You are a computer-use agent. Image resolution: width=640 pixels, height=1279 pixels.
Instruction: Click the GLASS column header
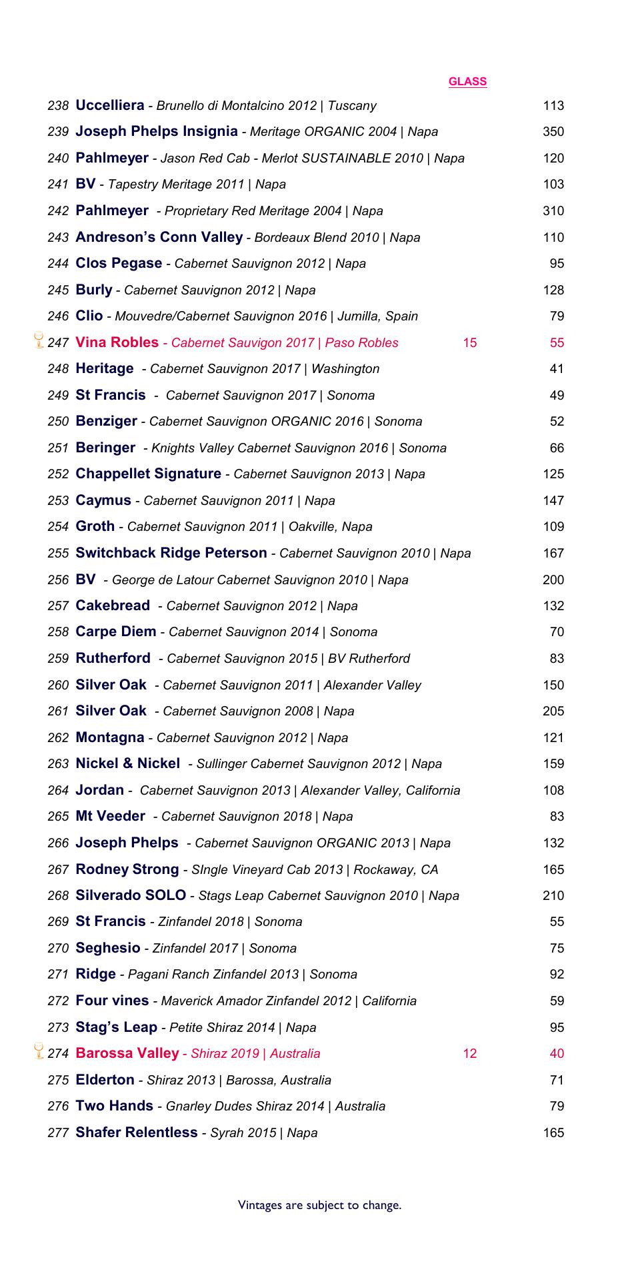(x=467, y=81)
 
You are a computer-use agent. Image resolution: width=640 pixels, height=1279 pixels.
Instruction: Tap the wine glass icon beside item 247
(x=39, y=340)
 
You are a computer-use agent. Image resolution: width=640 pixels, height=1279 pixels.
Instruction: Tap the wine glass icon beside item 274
(x=39, y=1051)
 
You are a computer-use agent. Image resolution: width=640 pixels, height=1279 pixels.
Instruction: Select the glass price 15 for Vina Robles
(x=469, y=342)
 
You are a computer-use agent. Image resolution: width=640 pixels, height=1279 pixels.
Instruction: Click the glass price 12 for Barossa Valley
(x=469, y=1053)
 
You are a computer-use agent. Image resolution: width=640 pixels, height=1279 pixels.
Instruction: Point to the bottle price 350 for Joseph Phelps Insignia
(x=553, y=132)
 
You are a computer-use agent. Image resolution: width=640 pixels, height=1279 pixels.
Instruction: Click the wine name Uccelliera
(x=110, y=105)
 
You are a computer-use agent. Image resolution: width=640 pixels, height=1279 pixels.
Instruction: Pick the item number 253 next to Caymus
(x=59, y=501)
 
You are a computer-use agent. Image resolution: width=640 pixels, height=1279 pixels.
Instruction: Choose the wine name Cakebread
(x=113, y=606)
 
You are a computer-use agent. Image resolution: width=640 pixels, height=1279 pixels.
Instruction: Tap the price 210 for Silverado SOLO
(x=553, y=896)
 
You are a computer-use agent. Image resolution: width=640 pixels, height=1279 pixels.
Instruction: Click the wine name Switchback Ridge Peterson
(x=171, y=553)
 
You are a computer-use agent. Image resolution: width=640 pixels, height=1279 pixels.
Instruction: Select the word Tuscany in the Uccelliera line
(x=352, y=106)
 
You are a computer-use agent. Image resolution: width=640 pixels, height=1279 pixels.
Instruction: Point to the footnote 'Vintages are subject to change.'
(x=320, y=1205)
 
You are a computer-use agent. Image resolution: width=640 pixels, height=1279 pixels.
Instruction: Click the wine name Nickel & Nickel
(x=128, y=763)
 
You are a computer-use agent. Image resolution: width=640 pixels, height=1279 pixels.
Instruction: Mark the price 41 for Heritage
(x=557, y=369)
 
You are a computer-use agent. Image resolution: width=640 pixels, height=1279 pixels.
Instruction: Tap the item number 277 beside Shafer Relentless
(x=59, y=1133)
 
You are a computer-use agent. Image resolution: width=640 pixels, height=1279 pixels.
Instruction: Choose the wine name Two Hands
(x=115, y=1106)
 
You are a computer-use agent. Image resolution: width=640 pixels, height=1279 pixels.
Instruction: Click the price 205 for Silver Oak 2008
(x=553, y=711)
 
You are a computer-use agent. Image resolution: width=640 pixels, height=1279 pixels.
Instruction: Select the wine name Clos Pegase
(x=119, y=263)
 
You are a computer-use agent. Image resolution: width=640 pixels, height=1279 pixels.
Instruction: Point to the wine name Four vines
(x=113, y=1001)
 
